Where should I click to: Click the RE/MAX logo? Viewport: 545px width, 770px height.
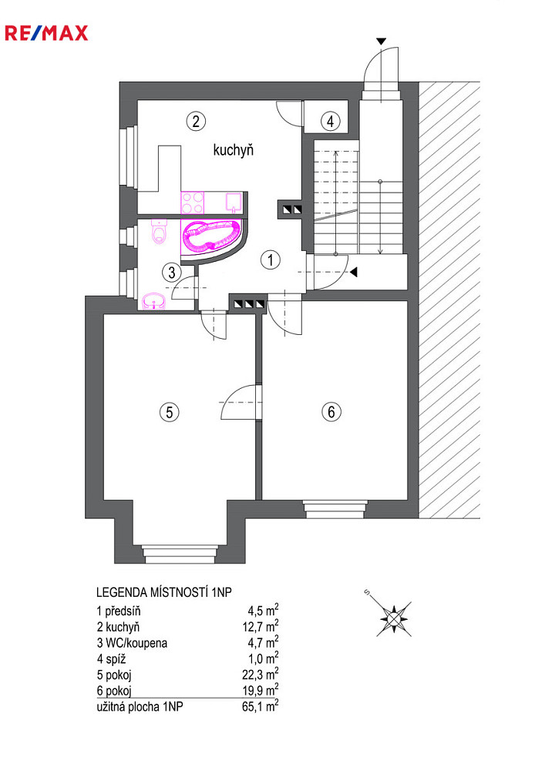coord(47,33)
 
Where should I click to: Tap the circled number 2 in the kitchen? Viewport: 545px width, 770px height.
coord(196,121)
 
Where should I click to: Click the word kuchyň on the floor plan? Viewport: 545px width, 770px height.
coord(234,149)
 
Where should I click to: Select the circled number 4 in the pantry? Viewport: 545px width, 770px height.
coord(330,121)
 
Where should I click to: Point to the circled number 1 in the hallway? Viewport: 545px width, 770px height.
coord(271,259)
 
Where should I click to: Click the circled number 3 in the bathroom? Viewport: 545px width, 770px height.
coord(171,272)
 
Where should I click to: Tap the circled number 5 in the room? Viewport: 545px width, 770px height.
coord(170,411)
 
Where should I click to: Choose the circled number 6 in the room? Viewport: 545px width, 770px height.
coord(331,411)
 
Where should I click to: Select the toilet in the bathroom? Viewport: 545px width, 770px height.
coord(160,232)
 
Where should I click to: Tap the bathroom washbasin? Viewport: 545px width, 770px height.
coord(154,301)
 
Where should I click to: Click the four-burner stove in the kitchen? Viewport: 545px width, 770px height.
coord(193,203)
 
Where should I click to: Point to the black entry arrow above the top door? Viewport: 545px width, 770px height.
coord(381,42)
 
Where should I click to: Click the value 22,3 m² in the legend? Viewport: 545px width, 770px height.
coord(261,675)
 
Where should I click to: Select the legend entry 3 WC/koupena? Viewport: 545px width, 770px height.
coord(132,643)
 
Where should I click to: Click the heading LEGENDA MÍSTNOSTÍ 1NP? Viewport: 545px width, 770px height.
coord(164,592)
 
